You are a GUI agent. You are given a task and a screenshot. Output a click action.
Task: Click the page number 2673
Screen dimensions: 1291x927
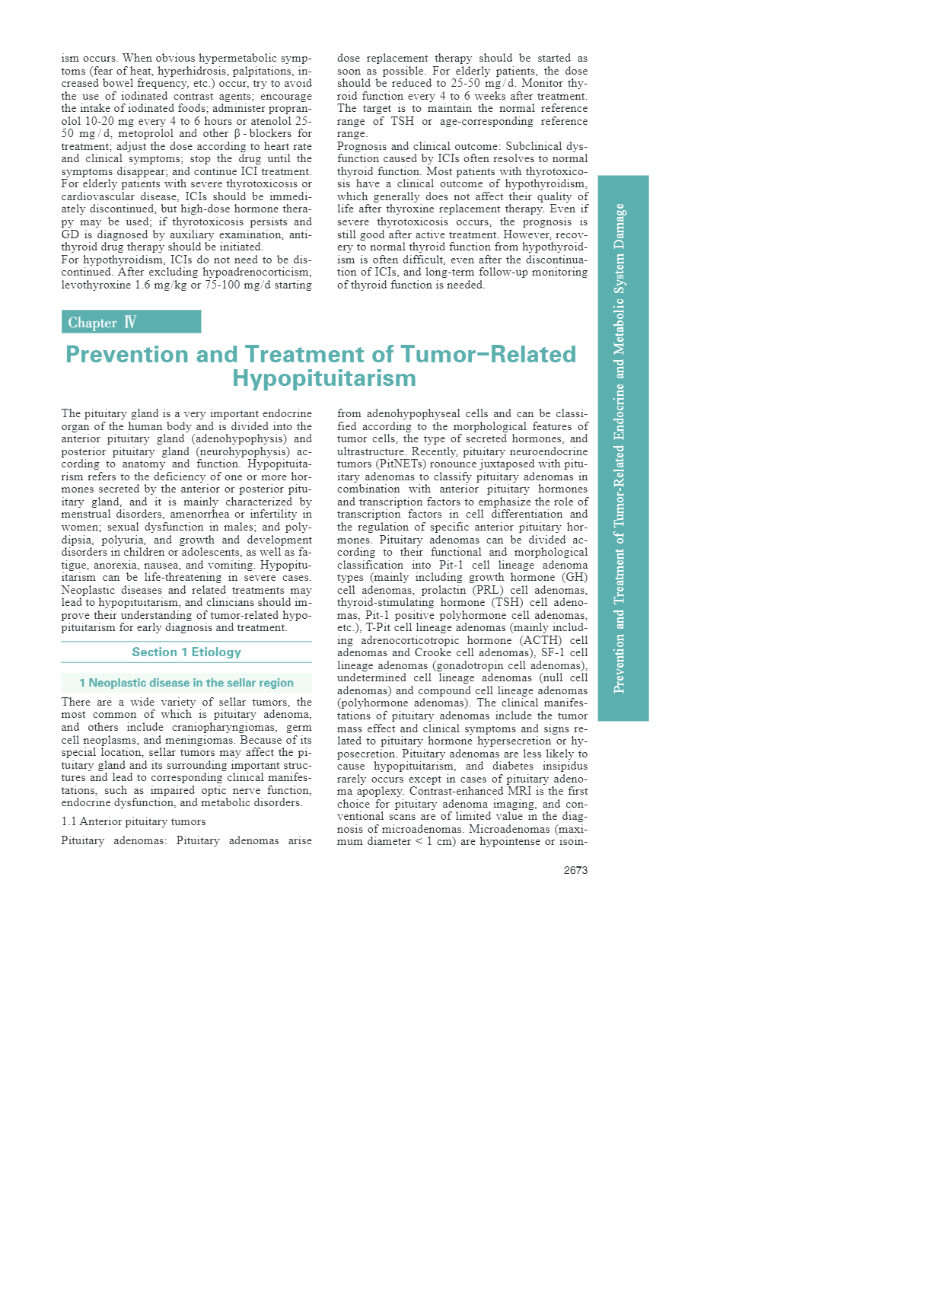575,870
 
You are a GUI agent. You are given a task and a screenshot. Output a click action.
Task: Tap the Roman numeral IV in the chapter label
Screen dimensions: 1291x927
130,322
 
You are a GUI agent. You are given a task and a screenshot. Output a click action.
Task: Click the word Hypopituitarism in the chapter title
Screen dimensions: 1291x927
324,378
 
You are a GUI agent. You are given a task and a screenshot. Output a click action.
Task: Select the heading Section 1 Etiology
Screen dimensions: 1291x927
186,652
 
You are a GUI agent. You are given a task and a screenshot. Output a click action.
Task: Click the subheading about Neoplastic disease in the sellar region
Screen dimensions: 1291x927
186,683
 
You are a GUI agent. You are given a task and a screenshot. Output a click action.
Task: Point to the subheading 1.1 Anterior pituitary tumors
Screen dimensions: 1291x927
133,821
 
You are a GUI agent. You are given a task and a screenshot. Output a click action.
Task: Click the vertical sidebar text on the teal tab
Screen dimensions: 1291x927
620,448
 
